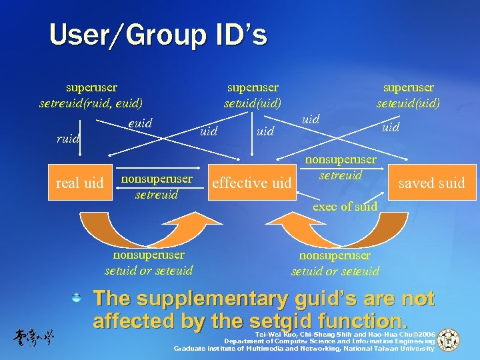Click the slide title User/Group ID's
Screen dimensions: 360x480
point(158,35)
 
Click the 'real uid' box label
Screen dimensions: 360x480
point(80,183)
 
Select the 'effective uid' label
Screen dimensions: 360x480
point(251,183)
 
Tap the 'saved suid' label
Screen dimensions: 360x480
point(431,183)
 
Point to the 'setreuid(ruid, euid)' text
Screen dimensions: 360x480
point(91,103)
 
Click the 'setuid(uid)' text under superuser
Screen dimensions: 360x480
point(253,103)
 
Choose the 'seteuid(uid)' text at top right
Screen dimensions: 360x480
point(408,103)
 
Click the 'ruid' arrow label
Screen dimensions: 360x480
point(67,139)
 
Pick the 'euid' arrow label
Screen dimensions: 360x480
point(140,123)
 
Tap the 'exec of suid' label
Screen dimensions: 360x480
point(345,207)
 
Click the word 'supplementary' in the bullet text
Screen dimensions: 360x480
point(233,299)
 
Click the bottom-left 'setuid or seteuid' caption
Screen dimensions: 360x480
point(149,270)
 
